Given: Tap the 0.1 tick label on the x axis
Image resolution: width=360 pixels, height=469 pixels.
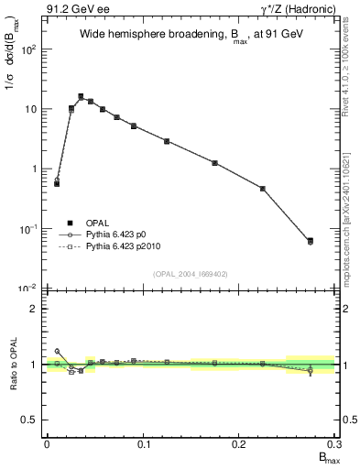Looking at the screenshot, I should coord(143,443).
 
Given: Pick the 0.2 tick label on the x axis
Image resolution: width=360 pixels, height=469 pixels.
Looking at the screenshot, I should coord(239,443).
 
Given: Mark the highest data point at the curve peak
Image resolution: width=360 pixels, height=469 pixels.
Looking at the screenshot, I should coord(81,96).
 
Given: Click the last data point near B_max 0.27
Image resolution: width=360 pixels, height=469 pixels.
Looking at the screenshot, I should coord(310,241).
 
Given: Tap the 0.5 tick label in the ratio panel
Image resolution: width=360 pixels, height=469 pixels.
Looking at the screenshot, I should coord(30,420).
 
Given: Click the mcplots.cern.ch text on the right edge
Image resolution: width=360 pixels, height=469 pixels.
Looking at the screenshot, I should coord(352,229).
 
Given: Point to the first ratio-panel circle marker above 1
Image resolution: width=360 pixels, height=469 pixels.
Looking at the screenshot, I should coord(57,351).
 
